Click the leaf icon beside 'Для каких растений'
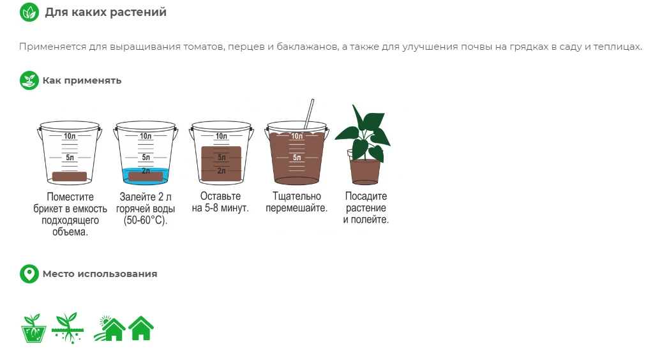(x=29, y=12)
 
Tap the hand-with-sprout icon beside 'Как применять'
(x=29, y=80)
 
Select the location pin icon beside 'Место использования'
(x=29, y=274)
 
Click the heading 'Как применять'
(x=82, y=80)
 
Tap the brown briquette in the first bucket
(x=70, y=177)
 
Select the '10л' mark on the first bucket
(x=70, y=136)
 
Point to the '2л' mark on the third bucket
(x=221, y=171)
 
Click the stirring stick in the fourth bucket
(x=309, y=114)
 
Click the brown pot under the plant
(x=365, y=171)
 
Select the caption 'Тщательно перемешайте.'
(x=297, y=202)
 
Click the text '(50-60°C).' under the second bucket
(x=146, y=220)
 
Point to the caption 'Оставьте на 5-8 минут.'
(x=220, y=202)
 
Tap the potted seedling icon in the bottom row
(x=33, y=328)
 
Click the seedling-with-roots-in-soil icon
(x=68, y=328)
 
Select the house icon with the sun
(x=110, y=328)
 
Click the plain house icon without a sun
(x=141, y=328)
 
